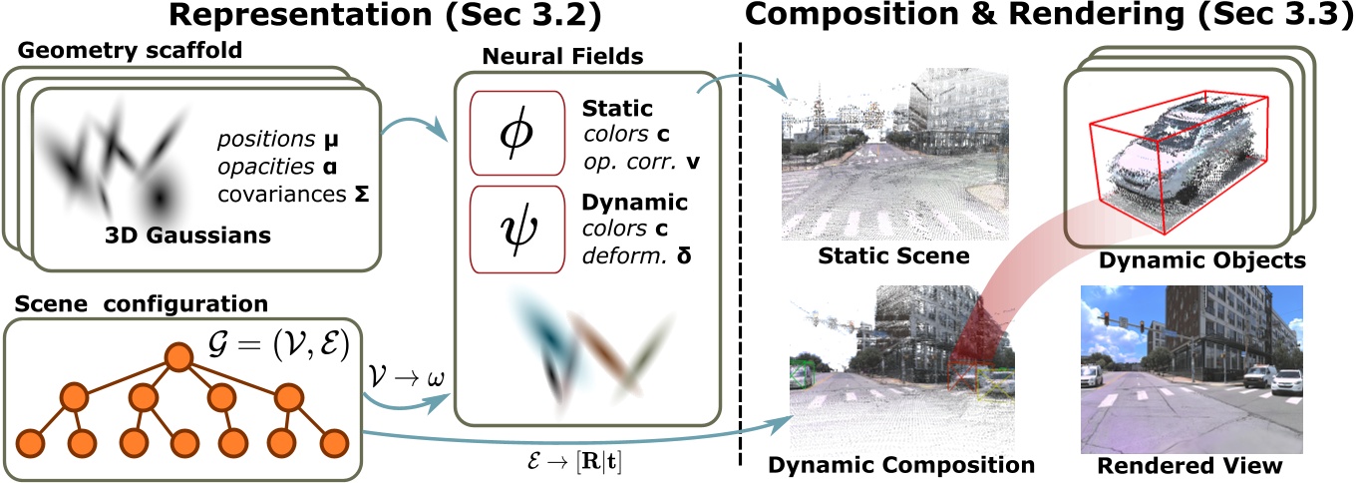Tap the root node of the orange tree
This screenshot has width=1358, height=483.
pyautogui.click(x=178, y=355)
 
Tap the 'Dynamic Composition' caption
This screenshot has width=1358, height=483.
pyautogui.click(x=902, y=465)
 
